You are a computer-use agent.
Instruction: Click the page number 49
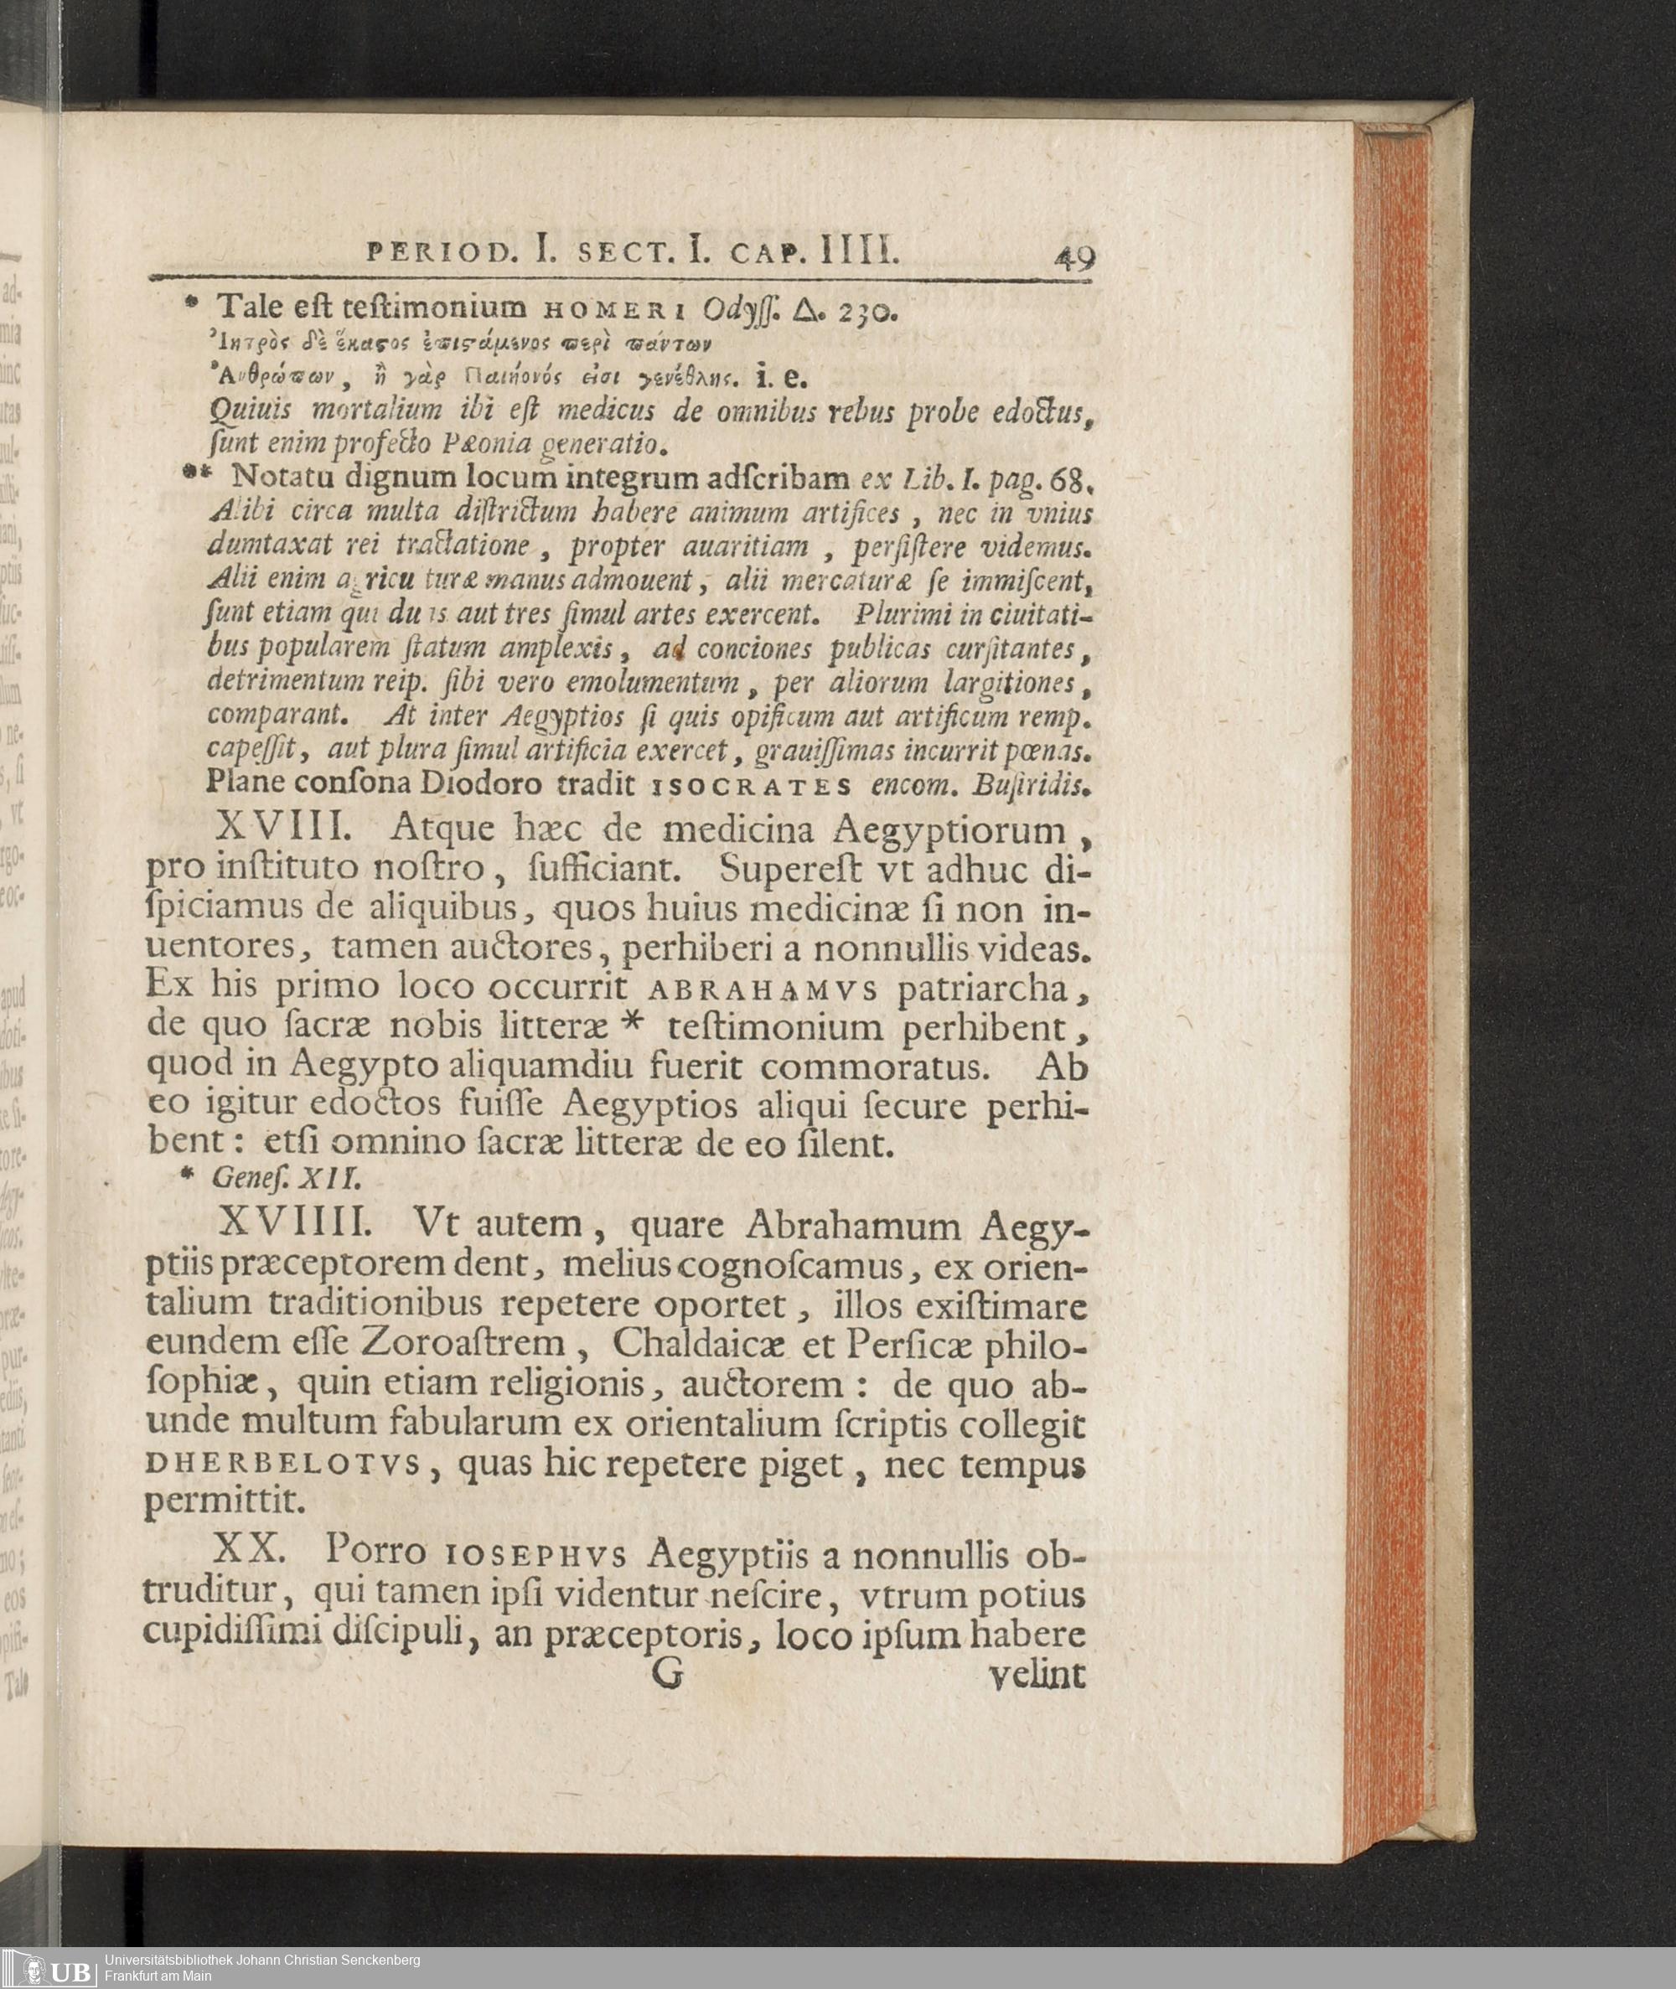(1073, 258)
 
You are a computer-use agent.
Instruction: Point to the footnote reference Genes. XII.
(286, 1178)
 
